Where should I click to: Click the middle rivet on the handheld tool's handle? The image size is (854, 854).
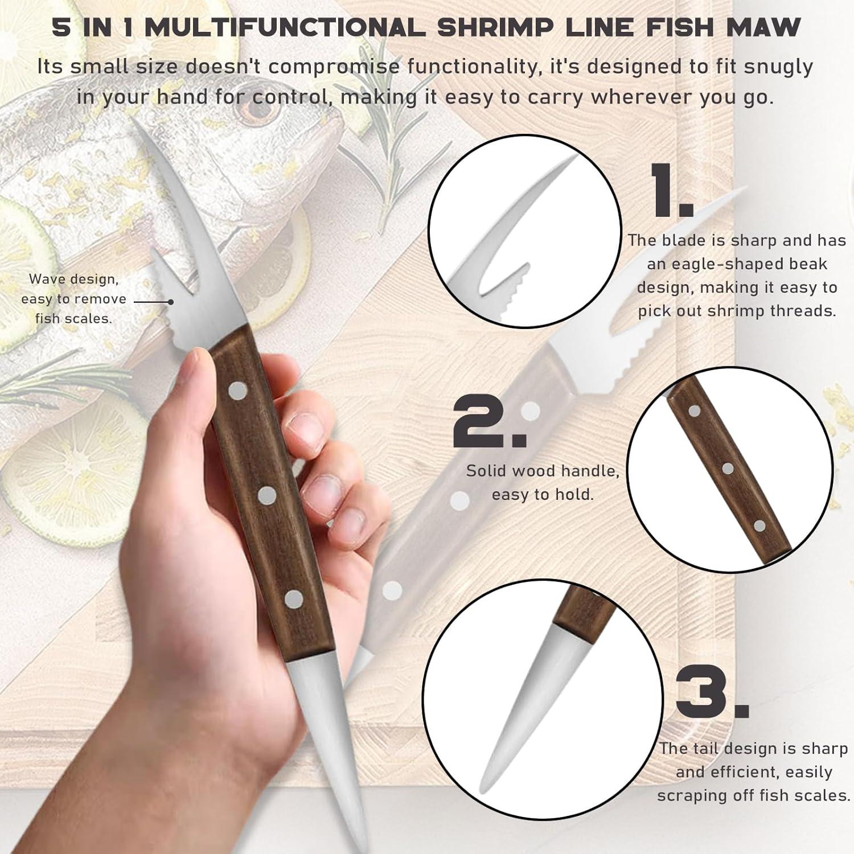pyautogui.click(x=266, y=495)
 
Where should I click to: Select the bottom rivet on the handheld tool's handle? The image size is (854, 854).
pyautogui.click(x=294, y=598)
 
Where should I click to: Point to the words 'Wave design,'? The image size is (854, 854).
pyautogui.click(x=74, y=280)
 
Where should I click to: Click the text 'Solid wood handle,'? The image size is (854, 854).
pyautogui.click(x=543, y=471)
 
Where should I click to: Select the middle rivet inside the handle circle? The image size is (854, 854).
pyautogui.click(x=727, y=469)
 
